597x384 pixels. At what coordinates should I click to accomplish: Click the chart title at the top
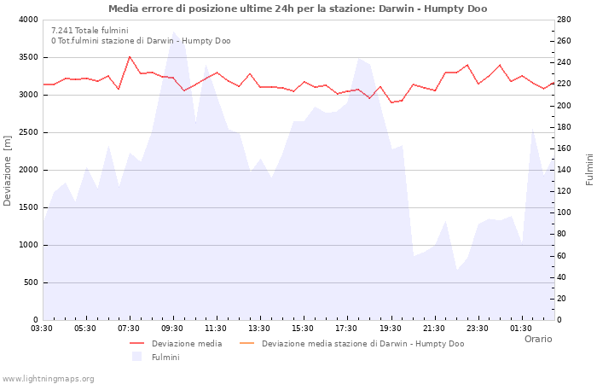(x=298, y=9)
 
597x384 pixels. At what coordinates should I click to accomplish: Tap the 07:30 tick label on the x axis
(x=129, y=329)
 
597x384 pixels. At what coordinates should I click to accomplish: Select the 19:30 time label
(x=391, y=329)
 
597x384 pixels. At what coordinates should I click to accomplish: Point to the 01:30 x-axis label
(x=521, y=329)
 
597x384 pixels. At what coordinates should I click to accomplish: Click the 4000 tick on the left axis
(x=28, y=20)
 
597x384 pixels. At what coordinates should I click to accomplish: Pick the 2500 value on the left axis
(x=28, y=132)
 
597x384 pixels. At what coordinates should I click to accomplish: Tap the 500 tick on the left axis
(x=31, y=282)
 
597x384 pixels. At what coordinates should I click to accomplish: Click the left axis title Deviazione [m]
(x=8, y=170)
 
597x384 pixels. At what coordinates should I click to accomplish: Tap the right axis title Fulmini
(x=589, y=170)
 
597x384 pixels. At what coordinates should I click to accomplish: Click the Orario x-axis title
(x=537, y=339)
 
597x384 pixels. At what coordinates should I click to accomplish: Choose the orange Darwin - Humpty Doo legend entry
(x=362, y=344)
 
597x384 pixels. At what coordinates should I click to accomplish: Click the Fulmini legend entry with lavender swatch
(x=165, y=357)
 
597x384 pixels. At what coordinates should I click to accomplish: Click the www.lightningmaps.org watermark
(x=48, y=379)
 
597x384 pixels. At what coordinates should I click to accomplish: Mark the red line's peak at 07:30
(x=130, y=57)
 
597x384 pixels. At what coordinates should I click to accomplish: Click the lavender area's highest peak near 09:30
(x=174, y=32)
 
